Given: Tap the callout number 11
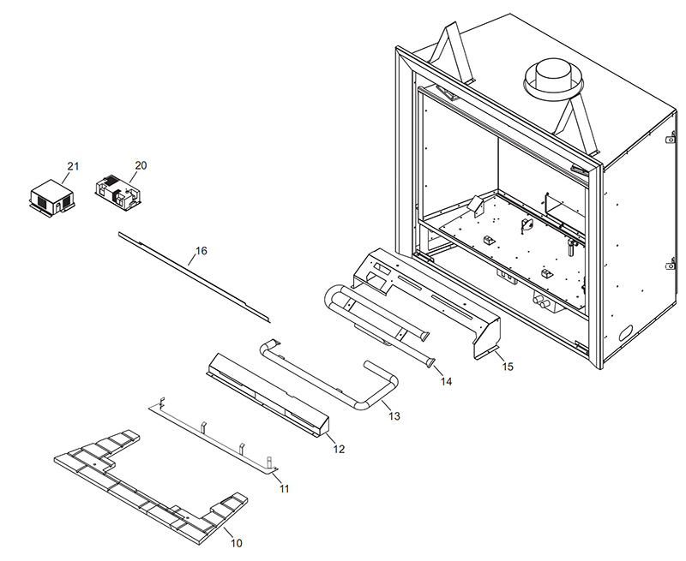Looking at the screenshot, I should tap(284, 488).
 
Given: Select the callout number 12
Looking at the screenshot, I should tap(339, 449).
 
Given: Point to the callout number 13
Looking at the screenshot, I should tap(394, 416).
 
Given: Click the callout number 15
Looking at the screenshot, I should tap(507, 366).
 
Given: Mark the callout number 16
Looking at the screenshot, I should tap(202, 251).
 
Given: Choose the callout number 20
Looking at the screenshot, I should tap(141, 164).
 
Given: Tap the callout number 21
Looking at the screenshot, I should tap(72, 164).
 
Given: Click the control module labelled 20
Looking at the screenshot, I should tap(117, 189).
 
